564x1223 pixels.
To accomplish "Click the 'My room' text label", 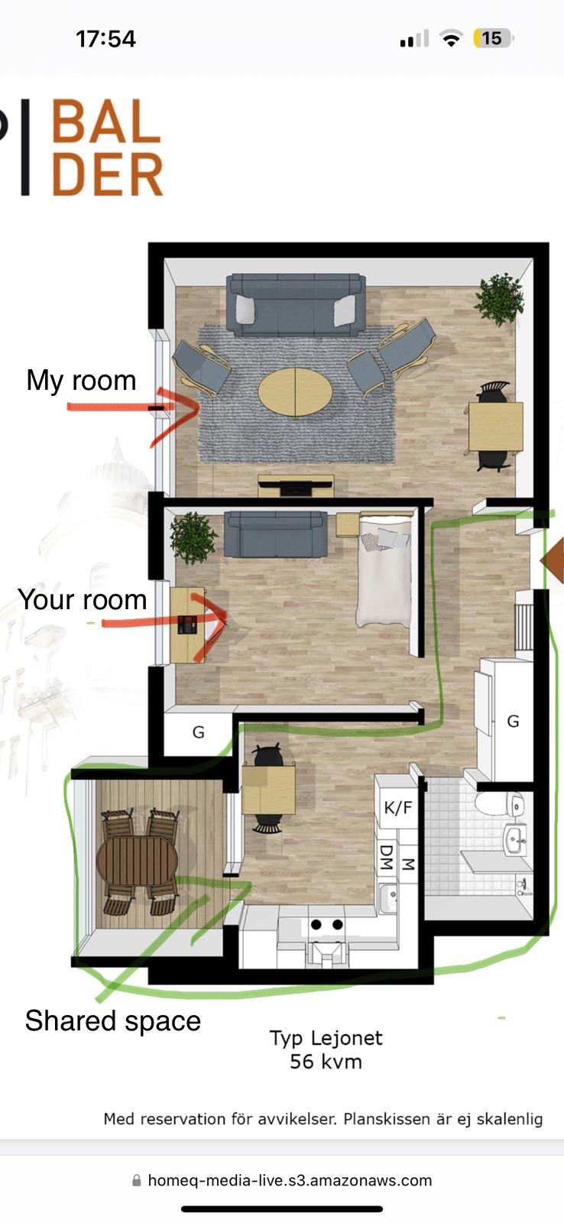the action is (x=81, y=381).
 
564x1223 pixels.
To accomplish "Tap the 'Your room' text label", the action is (x=83, y=599).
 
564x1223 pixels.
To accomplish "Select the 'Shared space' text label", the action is (x=113, y=1021).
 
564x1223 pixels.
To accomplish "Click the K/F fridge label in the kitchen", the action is (x=398, y=807).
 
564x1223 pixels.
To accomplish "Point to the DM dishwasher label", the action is (x=387, y=857).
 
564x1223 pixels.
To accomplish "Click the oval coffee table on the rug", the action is (x=295, y=392).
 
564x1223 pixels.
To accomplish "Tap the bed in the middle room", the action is (x=384, y=571).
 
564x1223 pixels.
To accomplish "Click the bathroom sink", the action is (x=515, y=839).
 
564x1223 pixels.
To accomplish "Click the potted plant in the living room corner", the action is (x=500, y=299).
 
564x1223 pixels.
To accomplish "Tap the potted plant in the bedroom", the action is (x=193, y=538).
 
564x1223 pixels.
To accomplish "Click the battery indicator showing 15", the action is (x=492, y=39).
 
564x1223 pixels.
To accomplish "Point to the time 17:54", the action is (x=106, y=39).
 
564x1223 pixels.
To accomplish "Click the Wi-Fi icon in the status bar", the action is (x=451, y=39).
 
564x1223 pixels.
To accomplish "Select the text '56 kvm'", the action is (x=326, y=1062).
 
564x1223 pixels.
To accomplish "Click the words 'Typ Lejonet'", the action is (x=326, y=1038).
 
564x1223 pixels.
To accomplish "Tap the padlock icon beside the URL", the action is (x=137, y=1180).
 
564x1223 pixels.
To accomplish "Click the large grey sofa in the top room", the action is (x=296, y=305).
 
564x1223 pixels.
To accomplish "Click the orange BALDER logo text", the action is (x=107, y=148).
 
